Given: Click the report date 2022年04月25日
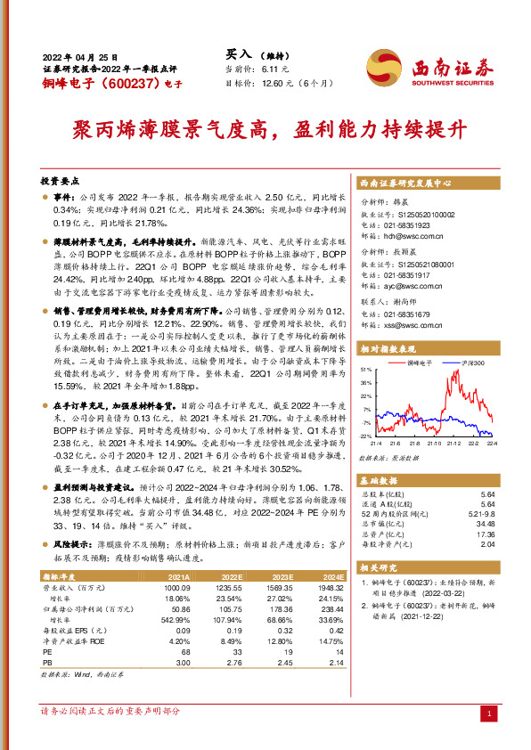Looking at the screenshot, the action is (x=79, y=55).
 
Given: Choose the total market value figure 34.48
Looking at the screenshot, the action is (x=487, y=524).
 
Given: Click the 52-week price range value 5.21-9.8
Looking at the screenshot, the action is (x=482, y=513).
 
